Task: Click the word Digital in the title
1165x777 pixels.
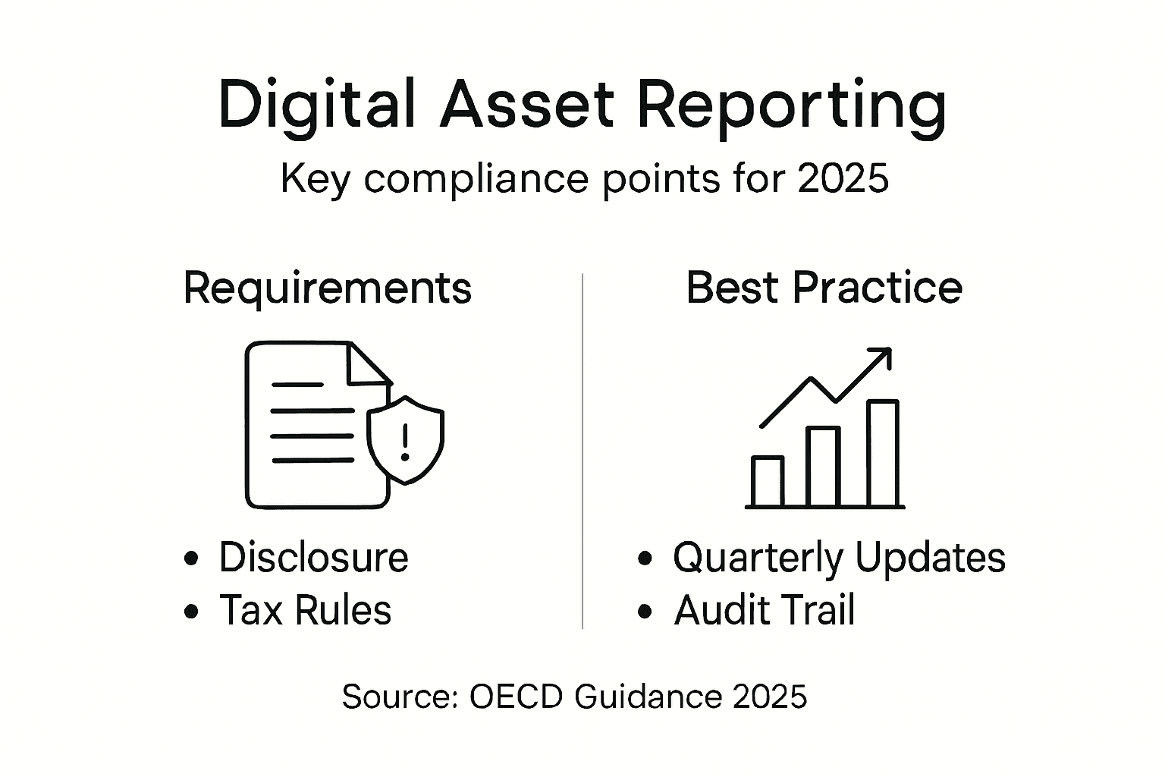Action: click(316, 105)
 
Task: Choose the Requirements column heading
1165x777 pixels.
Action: click(327, 288)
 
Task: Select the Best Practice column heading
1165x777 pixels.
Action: click(824, 288)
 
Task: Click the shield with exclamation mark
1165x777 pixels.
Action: click(406, 440)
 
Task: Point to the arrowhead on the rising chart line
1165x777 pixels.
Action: click(881, 358)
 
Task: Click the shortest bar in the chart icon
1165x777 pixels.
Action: click(767, 481)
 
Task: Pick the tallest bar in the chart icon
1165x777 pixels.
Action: click(883, 453)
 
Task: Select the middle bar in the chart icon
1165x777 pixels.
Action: click(823, 467)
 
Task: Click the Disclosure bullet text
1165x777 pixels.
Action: click(313, 558)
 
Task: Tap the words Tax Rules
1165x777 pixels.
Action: click(305, 610)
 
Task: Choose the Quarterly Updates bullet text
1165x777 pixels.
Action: click(839, 558)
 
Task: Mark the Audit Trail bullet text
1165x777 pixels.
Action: click(764, 610)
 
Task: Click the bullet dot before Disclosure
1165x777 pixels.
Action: click(191, 558)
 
